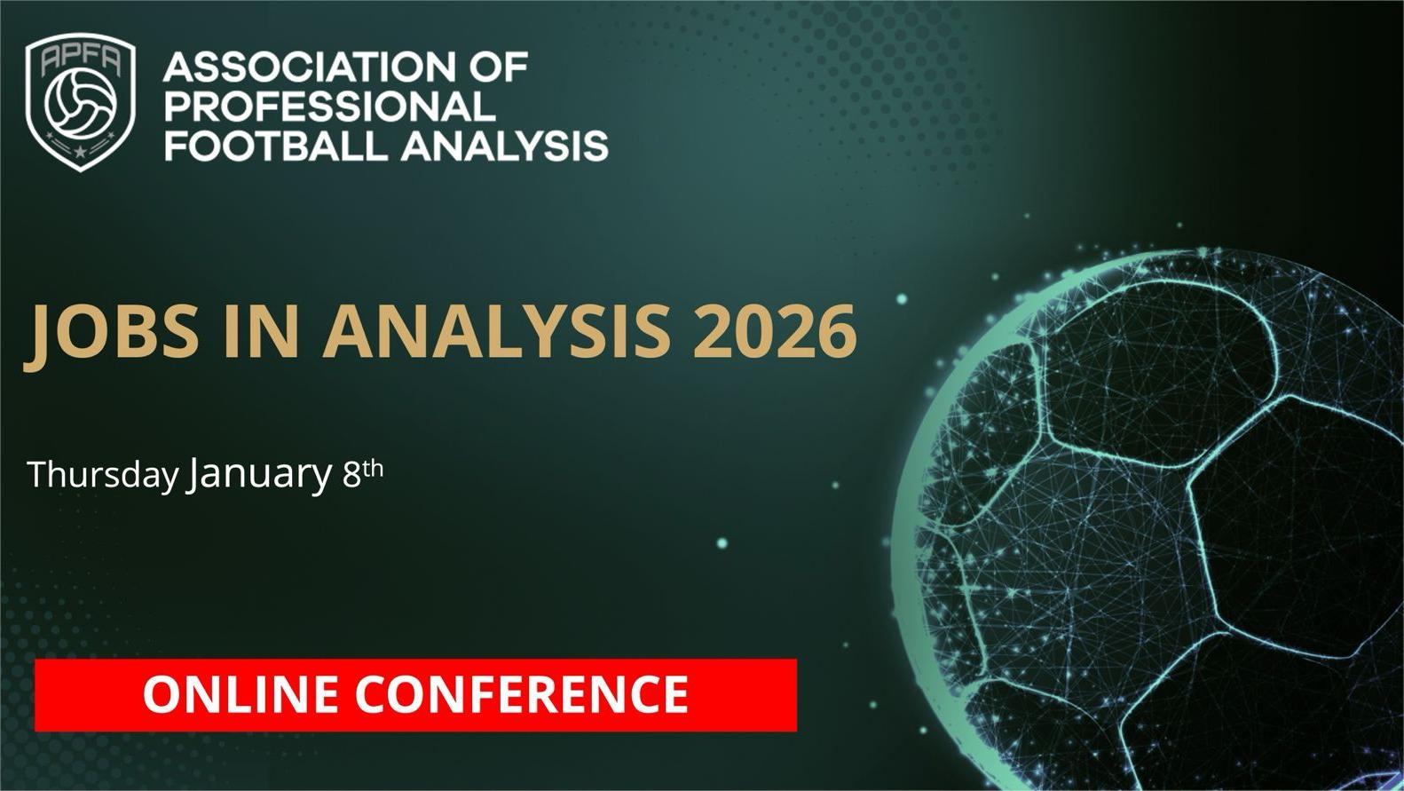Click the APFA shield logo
[x=80, y=102]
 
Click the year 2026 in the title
[x=775, y=330]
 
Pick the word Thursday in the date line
[x=104, y=474]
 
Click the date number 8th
[x=363, y=473]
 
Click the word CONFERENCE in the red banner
[x=522, y=694]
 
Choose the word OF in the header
[x=500, y=67]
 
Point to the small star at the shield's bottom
[x=80, y=151]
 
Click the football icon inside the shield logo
[x=81, y=103]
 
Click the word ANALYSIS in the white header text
[x=505, y=146]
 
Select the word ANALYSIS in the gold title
[x=496, y=330]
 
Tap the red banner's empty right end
[x=744, y=694]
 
